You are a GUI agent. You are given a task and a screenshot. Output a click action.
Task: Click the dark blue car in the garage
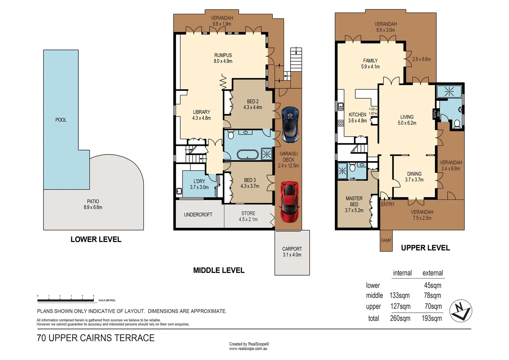click(x=290, y=124)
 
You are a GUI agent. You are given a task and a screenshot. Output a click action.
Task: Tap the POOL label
click(x=61, y=120)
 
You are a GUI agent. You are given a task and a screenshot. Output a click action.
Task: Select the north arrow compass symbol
click(x=461, y=311)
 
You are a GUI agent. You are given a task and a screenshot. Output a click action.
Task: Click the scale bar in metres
click(x=66, y=300)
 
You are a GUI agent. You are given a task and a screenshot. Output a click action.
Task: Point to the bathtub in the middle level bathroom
click(x=248, y=155)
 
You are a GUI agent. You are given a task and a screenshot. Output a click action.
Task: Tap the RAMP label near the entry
click(x=386, y=240)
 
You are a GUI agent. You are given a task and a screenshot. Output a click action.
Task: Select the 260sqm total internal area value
click(x=400, y=318)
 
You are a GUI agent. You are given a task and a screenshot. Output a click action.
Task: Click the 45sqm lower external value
click(x=432, y=285)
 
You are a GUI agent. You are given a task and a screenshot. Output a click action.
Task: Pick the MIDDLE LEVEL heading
click(x=219, y=270)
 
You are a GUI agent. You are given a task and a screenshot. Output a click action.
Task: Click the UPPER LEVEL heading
click(x=425, y=248)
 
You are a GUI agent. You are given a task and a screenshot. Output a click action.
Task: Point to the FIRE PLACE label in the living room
click(x=436, y=114)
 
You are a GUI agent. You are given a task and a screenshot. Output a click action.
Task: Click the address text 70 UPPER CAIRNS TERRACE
click(x=96, y=338)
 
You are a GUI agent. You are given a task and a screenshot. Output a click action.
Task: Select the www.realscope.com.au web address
click(x=248, y=349)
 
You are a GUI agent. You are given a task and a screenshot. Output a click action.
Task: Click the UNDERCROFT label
click(x=198, y=215)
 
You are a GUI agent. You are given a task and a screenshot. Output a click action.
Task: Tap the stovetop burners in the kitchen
click(x=340, y=123)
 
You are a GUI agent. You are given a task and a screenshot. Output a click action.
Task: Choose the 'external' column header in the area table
click(x=432, y=273)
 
